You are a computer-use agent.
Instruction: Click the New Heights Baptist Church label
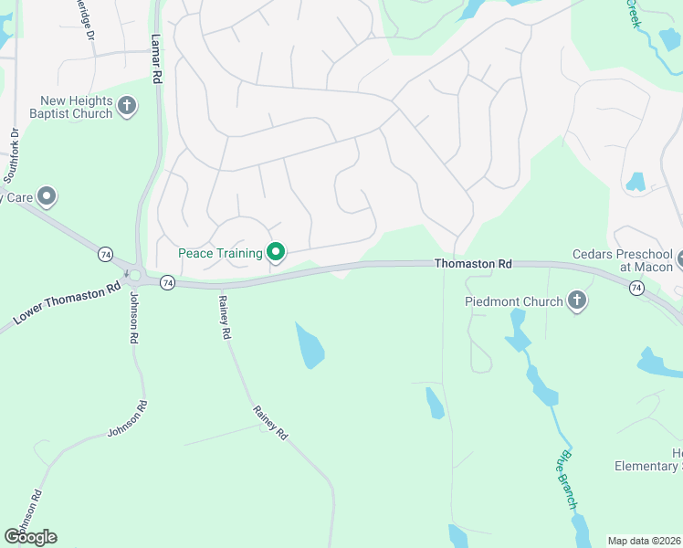76,107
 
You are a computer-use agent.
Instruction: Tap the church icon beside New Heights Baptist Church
127,107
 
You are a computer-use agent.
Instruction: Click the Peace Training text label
219,252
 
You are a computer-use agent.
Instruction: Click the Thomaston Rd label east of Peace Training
473,263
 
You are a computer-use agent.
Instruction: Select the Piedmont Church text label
513,300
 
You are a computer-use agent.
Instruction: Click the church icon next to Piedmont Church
576,300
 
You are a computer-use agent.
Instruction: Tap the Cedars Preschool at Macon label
623,259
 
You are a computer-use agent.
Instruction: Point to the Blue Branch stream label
567,479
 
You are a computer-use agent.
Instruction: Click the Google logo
30,536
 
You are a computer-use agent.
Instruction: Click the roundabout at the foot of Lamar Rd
135,275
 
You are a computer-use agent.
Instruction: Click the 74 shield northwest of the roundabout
106,253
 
